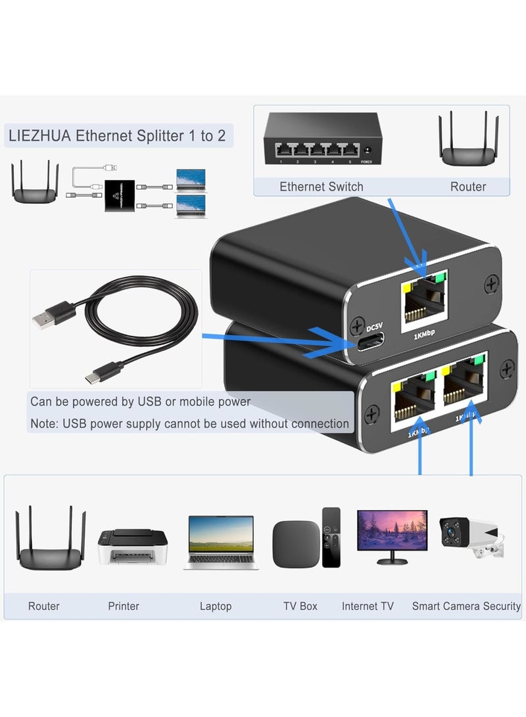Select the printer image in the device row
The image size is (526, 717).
[x=133, y=547]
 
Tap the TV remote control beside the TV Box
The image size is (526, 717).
[x=331, y=537]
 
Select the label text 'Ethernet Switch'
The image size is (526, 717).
[x=322, y=187]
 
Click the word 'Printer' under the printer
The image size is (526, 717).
[x=124, y=606]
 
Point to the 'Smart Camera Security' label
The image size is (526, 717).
[x=466, y=606]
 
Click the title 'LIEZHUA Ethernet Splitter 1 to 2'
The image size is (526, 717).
[x=117, y=136]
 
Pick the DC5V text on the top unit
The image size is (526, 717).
[x=373, y=327]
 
